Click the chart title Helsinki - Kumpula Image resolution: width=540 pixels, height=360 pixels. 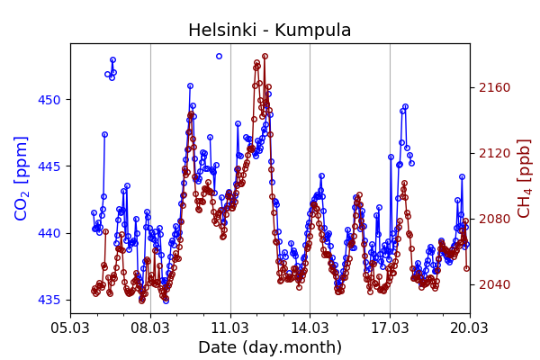pyautogui.click(x=269, y=31)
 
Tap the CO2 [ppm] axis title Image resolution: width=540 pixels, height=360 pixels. pyautogui.click(x=22, y=178)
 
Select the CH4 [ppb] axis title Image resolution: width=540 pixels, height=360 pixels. pyautogui.click(x=524, y=178)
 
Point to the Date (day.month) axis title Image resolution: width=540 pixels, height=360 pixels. pyautogui.click(x=269, y=347)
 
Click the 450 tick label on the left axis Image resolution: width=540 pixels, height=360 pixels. pyautogui.click(x=49, y=100)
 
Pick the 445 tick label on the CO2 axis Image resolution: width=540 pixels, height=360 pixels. pyautogui.click(x=49, y=166)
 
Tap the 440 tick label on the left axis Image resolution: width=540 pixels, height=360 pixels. pyautogui.click(x=49, y=233)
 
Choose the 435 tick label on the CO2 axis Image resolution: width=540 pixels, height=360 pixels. pyautogui.click(x=49, y=300)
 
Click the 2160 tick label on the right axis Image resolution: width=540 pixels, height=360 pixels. pyautogui.click(x=494, y=87)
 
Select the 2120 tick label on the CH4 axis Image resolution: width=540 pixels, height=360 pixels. pyautogui.click(x=494, y=153)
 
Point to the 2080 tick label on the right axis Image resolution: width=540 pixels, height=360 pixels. pyautogui.click(x=494, y=219)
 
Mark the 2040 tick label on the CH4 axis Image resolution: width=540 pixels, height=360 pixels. pyautogui.click(x=494, y=284)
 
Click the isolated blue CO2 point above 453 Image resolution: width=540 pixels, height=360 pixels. pyautogui.click(x=219, y=56)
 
